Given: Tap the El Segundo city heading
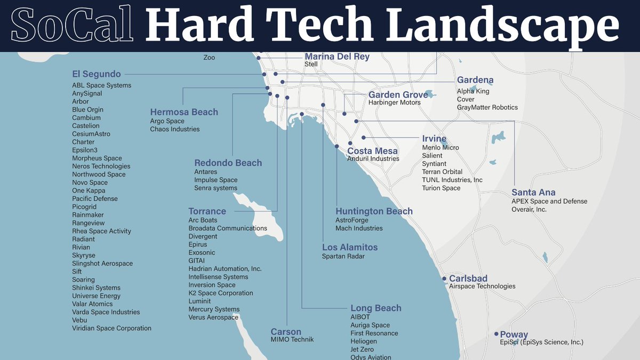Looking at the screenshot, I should coord(97,74).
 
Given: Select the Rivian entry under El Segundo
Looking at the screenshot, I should coord(81,247).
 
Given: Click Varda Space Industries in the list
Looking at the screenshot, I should coord(106,312).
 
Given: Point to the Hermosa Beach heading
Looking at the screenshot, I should coord(184,112).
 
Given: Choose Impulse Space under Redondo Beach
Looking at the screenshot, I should coord(215,180).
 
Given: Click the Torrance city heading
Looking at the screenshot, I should coord(207,211).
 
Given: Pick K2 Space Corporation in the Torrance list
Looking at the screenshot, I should coord(220,293).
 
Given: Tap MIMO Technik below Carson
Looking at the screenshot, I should coord(292,339).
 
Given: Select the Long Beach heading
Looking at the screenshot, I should coord(375,308).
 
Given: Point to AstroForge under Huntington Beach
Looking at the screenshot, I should coord(351,220).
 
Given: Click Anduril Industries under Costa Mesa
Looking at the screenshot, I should coord(373,158).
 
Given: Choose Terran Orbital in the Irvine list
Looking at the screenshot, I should coord(442,172).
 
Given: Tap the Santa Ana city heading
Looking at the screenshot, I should coord(533,193).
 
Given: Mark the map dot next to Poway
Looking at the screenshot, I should coord(496,334).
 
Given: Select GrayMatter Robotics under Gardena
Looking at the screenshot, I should coord(487,107).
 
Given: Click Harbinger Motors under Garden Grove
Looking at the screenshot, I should coord(394,102).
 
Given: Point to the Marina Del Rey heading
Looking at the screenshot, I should coord(337,57).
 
